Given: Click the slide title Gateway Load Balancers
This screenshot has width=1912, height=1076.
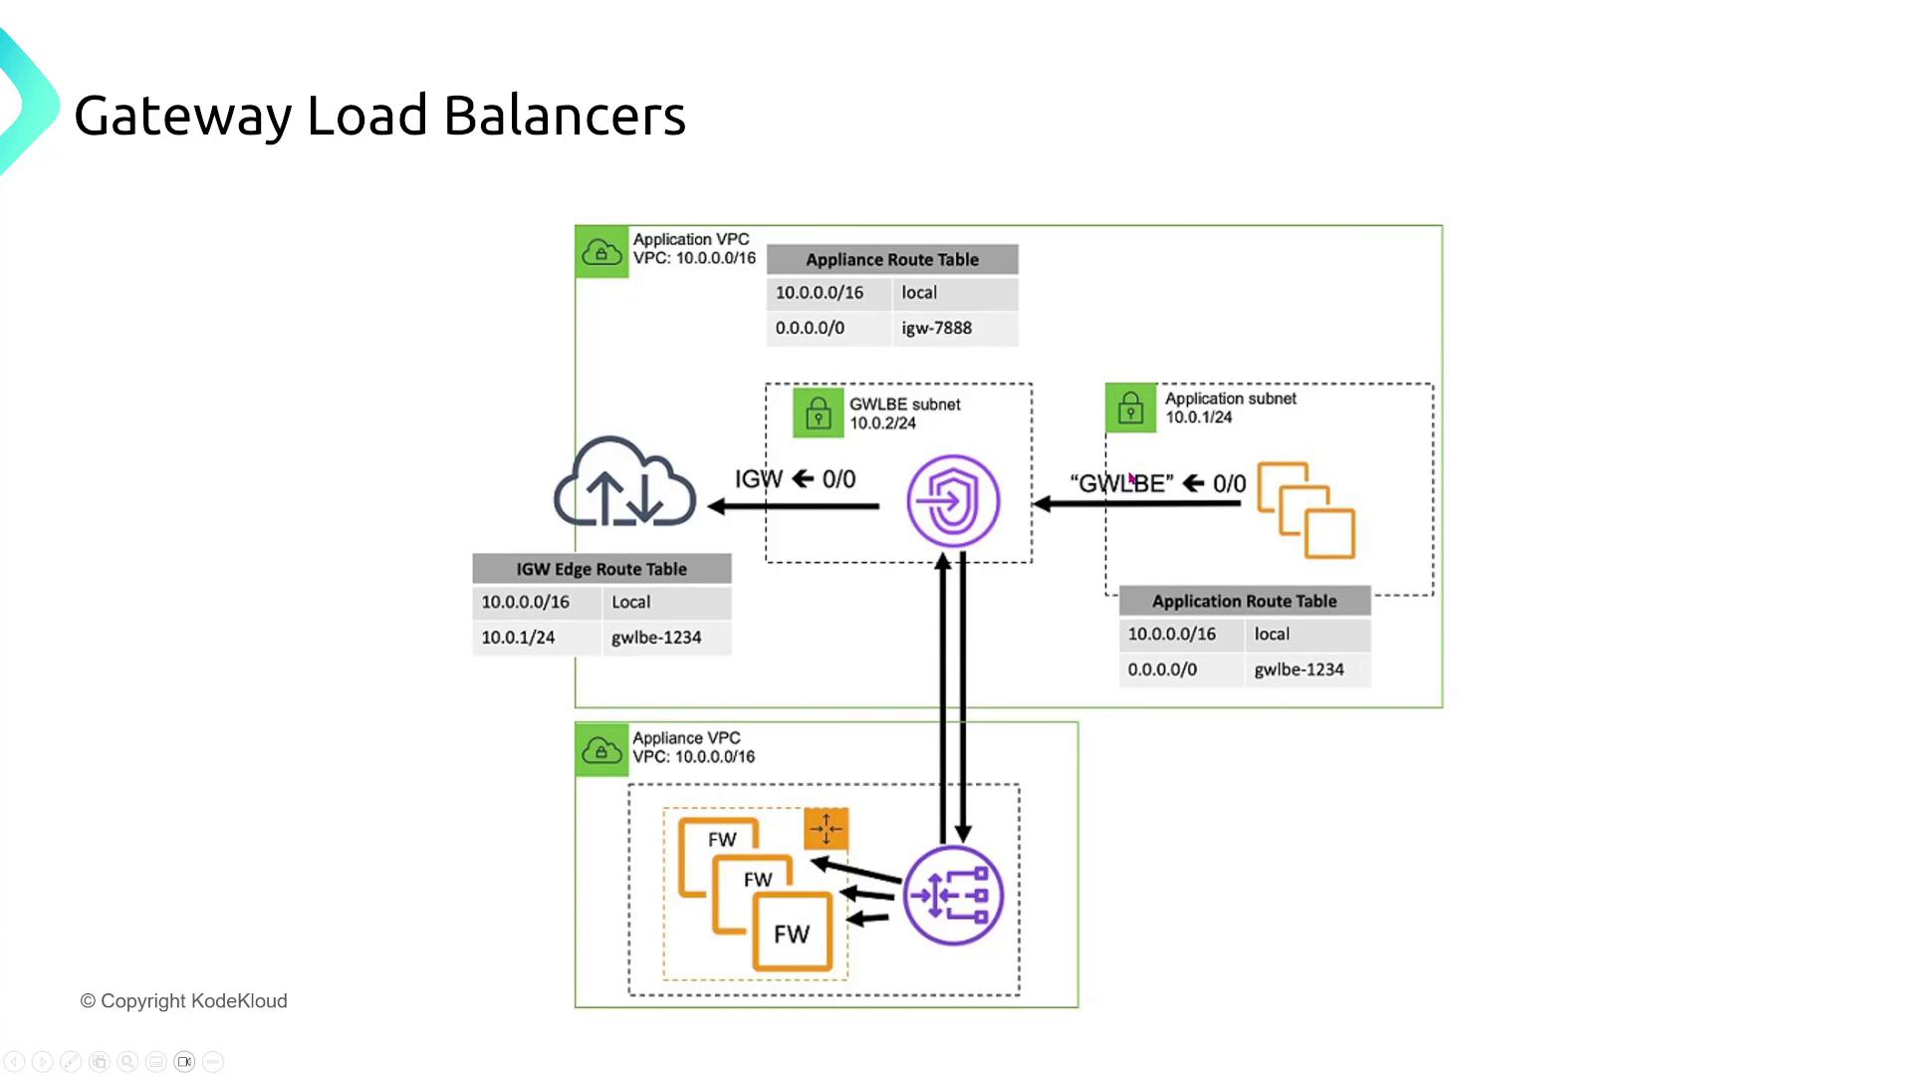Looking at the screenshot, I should coord(379,116).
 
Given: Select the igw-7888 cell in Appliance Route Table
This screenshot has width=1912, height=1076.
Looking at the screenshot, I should coord(936,328).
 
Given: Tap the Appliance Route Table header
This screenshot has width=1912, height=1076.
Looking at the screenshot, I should coord(892,260).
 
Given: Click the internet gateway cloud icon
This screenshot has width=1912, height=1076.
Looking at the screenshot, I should coord(624,484).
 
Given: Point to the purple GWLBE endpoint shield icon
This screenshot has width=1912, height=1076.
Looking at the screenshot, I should coord(953,500).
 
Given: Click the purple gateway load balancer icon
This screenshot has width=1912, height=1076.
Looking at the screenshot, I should coord(953,895).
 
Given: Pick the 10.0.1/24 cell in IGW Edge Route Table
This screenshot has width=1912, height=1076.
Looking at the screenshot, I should coord(518,638).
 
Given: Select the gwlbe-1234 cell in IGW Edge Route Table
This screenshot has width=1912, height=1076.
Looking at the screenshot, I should coord(656,638).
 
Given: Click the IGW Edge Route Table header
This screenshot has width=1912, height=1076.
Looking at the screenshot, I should coord(601,569).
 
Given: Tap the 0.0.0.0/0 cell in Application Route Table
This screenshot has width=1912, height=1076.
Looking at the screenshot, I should coord(1162,670).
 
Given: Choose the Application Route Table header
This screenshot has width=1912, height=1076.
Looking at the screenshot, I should coord(1245,601).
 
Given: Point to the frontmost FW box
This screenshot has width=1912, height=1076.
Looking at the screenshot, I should coord(793,933).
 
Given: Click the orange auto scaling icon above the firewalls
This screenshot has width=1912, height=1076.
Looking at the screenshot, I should coord(826,828).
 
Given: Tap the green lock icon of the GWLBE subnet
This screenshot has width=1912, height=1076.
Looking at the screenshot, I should coord(818,412).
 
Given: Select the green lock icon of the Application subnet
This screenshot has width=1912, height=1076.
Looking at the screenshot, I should coord(1130,408).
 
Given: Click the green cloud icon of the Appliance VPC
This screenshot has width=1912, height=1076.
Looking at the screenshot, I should coord(601,749).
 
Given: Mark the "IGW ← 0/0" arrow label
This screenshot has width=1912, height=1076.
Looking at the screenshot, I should coord(795,479).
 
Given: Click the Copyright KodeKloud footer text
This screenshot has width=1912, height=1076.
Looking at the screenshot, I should coord(183,1001).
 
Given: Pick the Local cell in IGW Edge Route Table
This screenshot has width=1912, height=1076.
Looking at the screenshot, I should coord(631,602).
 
